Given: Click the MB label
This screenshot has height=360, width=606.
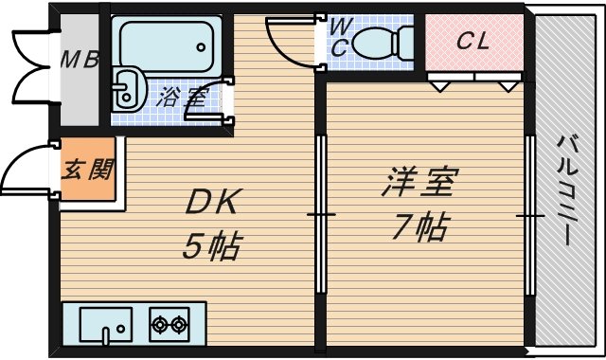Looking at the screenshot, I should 80,60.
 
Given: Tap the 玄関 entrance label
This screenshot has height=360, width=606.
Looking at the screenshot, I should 87,171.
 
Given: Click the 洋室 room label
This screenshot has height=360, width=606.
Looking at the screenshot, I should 420,182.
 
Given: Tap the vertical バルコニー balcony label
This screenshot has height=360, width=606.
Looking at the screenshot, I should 567,189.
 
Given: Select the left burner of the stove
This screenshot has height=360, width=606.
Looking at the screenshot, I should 159,326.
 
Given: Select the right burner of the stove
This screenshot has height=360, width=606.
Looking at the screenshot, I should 179,326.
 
